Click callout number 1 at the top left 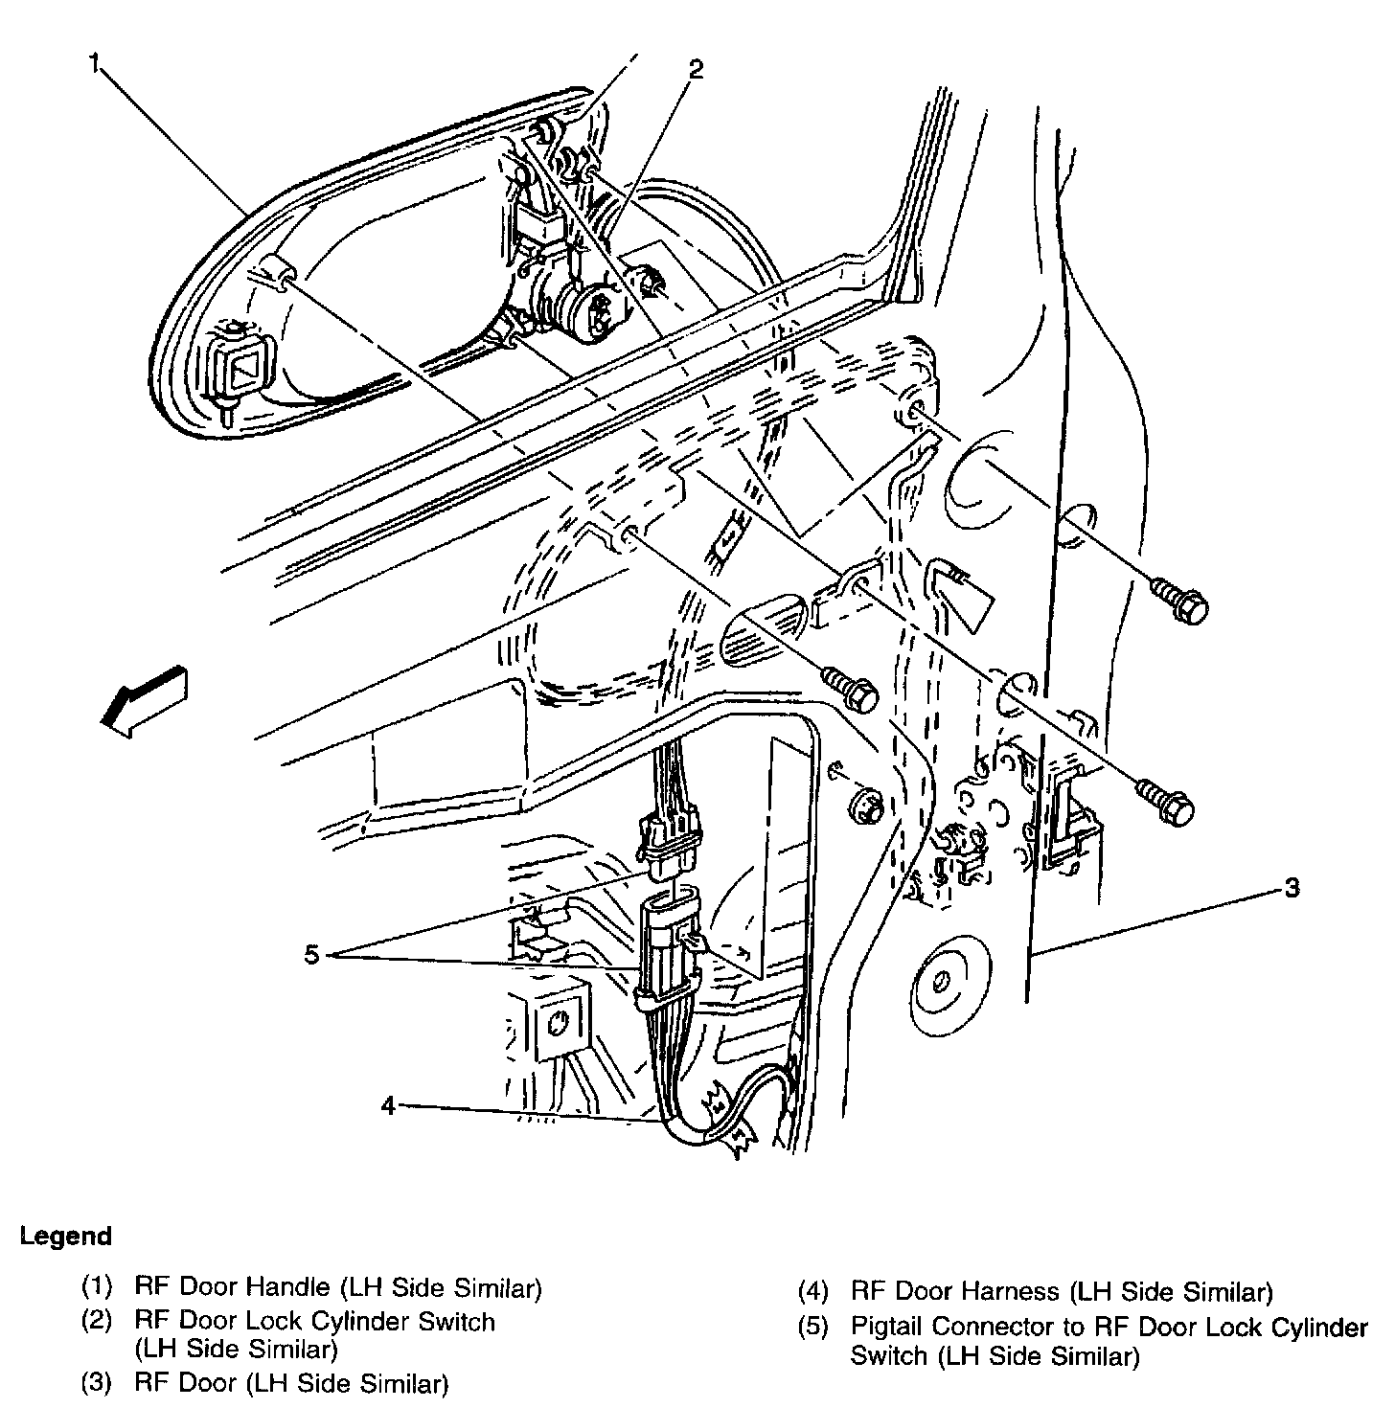point(94,63)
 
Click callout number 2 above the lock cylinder point(696,69)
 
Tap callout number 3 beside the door point(1292,888)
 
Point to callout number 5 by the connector point(312,954)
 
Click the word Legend point(66,1237)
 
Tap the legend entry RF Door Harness point(955,1291)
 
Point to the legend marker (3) point(97,1382)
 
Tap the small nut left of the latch point(866,804)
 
